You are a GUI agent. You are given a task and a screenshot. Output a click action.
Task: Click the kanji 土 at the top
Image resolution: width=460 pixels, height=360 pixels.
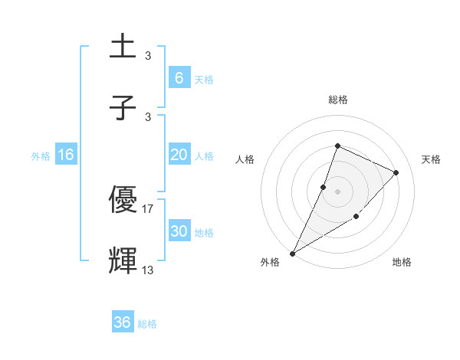click(x=123, y=47)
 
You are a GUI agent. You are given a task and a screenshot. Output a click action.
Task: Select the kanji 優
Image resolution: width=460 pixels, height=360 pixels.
click(x=123, y=199)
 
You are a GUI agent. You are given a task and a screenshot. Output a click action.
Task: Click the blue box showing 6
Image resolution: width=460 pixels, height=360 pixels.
click(x=179, y=78)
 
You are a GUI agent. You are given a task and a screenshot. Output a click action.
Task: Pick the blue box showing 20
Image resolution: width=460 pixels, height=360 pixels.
click(x=179, y=155)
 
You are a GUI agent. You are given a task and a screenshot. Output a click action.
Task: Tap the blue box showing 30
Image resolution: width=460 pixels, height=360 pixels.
click(x=179, y=231)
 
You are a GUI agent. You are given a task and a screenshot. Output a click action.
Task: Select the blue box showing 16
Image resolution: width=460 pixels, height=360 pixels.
click(x=66, y=155)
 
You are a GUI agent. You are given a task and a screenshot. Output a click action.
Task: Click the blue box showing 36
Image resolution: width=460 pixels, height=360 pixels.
click(x=123, y=322)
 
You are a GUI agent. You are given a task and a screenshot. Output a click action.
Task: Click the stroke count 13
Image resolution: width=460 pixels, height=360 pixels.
click(x=148, y=270)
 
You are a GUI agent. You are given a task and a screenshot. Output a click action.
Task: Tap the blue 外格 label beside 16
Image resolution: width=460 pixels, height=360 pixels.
click(x=41, y=156)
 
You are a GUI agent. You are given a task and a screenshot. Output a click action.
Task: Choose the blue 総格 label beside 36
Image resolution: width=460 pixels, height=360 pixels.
click(x=147, y=324)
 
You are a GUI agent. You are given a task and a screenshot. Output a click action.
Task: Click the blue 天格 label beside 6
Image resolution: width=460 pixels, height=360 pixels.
click(x=204, y=79)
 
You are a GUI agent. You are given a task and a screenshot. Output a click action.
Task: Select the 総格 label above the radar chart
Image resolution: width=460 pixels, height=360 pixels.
click(x=337, y=100)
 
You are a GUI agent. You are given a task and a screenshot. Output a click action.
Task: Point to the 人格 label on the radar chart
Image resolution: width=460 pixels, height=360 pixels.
click(x=245, y=159)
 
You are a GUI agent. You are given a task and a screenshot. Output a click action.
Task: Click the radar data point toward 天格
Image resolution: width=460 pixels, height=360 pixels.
click(x=396, y=172)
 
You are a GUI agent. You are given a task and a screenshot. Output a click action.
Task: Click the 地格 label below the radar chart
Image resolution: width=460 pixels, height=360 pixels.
click(x=402, y=262)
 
